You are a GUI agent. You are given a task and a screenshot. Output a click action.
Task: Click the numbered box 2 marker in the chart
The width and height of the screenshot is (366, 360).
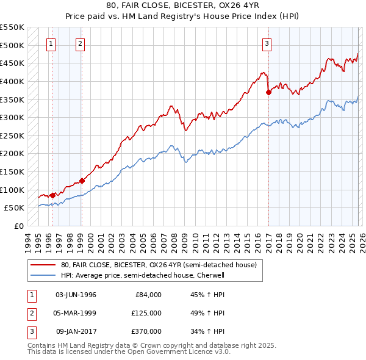[x=80, y=43]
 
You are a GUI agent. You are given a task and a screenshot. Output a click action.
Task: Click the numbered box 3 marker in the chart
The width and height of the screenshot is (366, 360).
[x=267, y=43]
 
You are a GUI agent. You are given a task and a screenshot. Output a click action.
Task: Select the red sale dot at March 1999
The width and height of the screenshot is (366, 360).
[x=82, y=181]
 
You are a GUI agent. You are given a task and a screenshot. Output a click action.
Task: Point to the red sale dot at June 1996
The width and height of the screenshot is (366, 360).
[x=52, y=195]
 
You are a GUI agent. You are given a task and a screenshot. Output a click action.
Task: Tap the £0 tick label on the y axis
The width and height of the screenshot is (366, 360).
[x=18, y=226]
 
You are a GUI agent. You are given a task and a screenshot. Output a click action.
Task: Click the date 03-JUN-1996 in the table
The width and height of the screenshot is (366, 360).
[x=76, y=295]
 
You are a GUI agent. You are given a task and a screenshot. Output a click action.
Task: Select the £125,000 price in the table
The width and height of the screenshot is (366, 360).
[x=146, y=313]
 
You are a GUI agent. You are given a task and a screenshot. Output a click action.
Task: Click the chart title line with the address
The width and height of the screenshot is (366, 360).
[x=183, y=7]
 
